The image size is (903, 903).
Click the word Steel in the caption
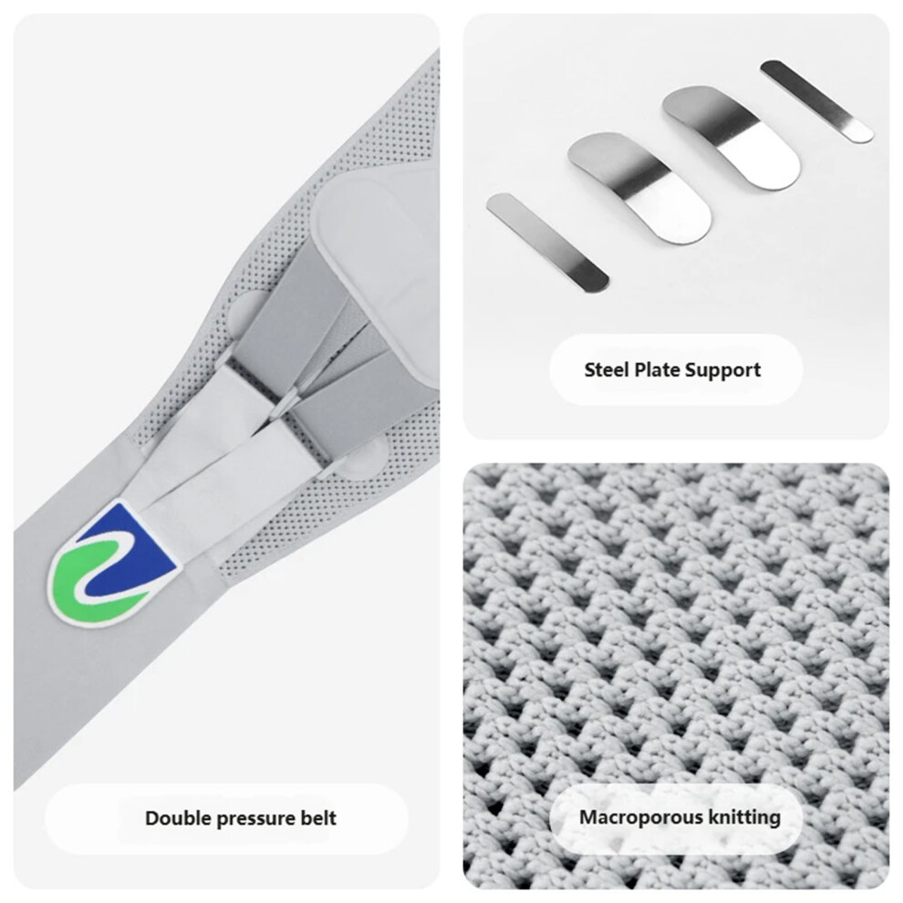(x=607, y=369)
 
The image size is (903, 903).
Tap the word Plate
(x=656, y=369)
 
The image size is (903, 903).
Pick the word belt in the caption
(x=318, y=818)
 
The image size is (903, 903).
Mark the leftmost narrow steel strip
(x=547, y=243)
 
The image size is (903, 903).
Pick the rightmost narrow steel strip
(x=816, y=101)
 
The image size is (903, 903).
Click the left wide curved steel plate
(x=639, y=187)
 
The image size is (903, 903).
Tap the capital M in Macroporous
(x=589, y=816)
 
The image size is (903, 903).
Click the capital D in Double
(x=152, y=818)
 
